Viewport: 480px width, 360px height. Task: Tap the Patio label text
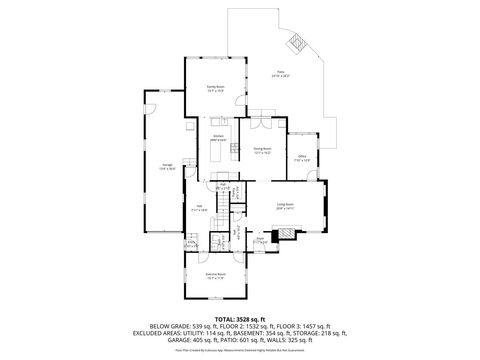click(281, 73)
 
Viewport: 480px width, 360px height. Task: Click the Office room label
click(301, 157)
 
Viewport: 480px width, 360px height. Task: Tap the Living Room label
click(286, 204)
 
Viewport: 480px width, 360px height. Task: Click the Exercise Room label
click(214, 273)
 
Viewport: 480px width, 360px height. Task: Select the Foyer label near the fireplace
click(261, 239)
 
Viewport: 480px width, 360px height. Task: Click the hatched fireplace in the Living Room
click(288, 236)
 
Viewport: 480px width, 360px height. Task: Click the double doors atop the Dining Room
click(260, 114)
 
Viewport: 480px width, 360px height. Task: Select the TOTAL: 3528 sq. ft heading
click(239, 318)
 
